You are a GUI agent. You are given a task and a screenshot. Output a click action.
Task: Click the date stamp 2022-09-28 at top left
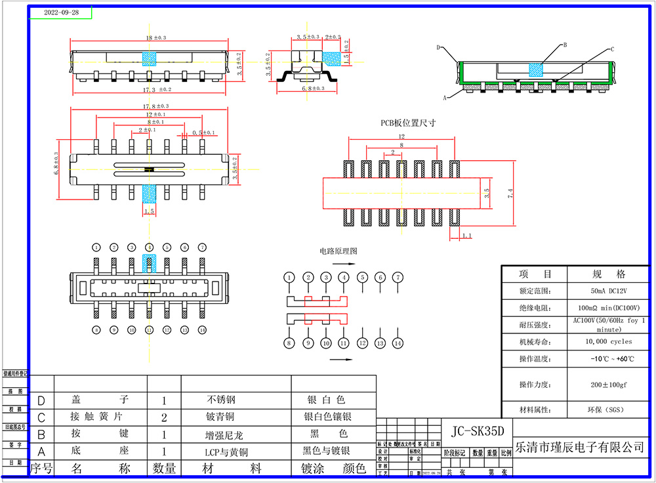coord(61,12)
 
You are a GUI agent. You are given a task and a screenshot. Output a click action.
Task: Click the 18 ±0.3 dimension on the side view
coord(155,38)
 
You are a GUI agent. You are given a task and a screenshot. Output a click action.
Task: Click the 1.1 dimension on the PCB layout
coord(467,235)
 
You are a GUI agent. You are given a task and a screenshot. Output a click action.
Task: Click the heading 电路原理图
coord(338,251)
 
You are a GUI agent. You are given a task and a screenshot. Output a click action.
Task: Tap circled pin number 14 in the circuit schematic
coord(398,343)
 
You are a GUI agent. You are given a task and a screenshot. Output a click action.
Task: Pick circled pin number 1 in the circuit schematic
coord(289,278)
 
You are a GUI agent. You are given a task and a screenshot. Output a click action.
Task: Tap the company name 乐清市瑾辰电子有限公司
coord(581,448)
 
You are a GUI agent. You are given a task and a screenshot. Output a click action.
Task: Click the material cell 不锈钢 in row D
coord(222,400)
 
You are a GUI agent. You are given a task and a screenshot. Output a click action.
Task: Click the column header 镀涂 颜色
coord(333,468)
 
